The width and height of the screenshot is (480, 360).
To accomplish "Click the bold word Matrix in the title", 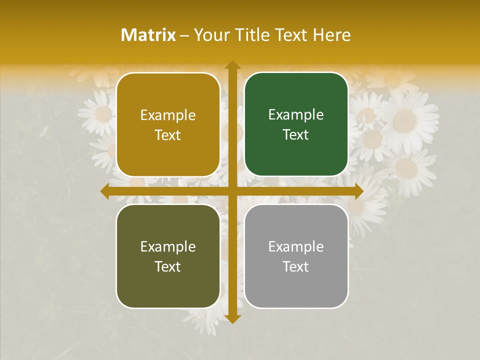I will click(148, 35).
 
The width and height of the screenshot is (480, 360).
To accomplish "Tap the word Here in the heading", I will click(331, 35).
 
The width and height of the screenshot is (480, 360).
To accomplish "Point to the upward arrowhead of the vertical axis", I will click(232, 65).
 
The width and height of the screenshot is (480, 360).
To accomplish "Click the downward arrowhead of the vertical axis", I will click(232, 318).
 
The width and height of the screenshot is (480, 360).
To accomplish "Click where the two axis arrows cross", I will click(232, 191).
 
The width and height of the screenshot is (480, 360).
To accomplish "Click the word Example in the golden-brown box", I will click(168, 115).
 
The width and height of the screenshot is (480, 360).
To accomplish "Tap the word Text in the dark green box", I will click(296, 135).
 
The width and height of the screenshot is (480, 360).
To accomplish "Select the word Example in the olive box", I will click(168, 246).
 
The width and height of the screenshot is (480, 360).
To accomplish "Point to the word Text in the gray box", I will click(296, 266).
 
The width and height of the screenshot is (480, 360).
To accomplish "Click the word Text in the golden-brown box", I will click(168, 135).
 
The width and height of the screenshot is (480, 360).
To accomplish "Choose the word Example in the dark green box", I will click(296, 115).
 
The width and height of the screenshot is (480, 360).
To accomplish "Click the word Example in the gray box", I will click(296, 246).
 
